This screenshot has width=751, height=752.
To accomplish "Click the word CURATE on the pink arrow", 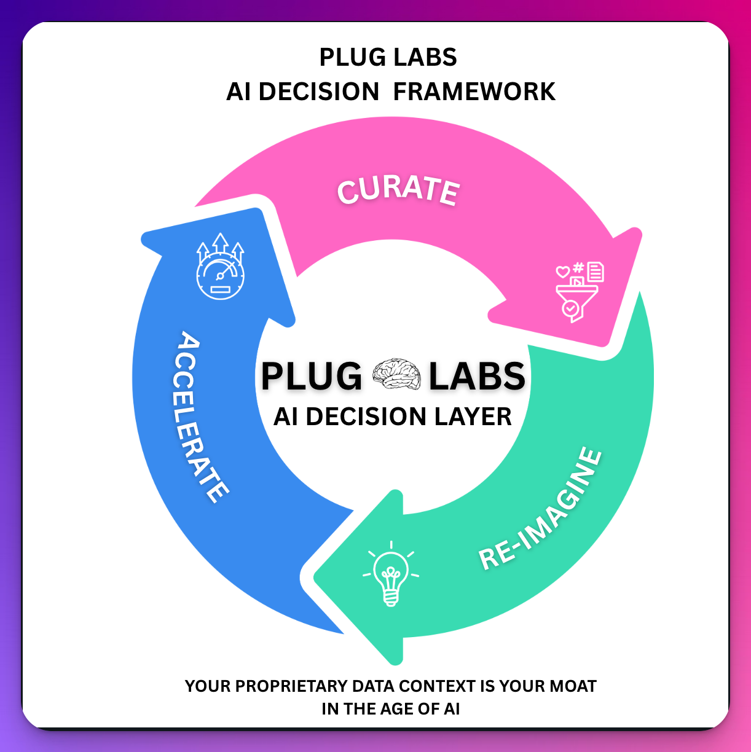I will pos(398,189).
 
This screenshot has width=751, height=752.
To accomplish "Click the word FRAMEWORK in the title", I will pos(474,92).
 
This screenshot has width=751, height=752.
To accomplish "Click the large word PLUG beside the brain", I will pos(312,376).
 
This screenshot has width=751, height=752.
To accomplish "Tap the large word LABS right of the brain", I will pos(477,376).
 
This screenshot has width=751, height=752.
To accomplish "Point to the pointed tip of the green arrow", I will pos(317,578).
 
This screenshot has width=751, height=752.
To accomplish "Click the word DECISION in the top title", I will pos(318,92).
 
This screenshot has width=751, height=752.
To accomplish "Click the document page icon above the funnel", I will pos(596,271).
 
